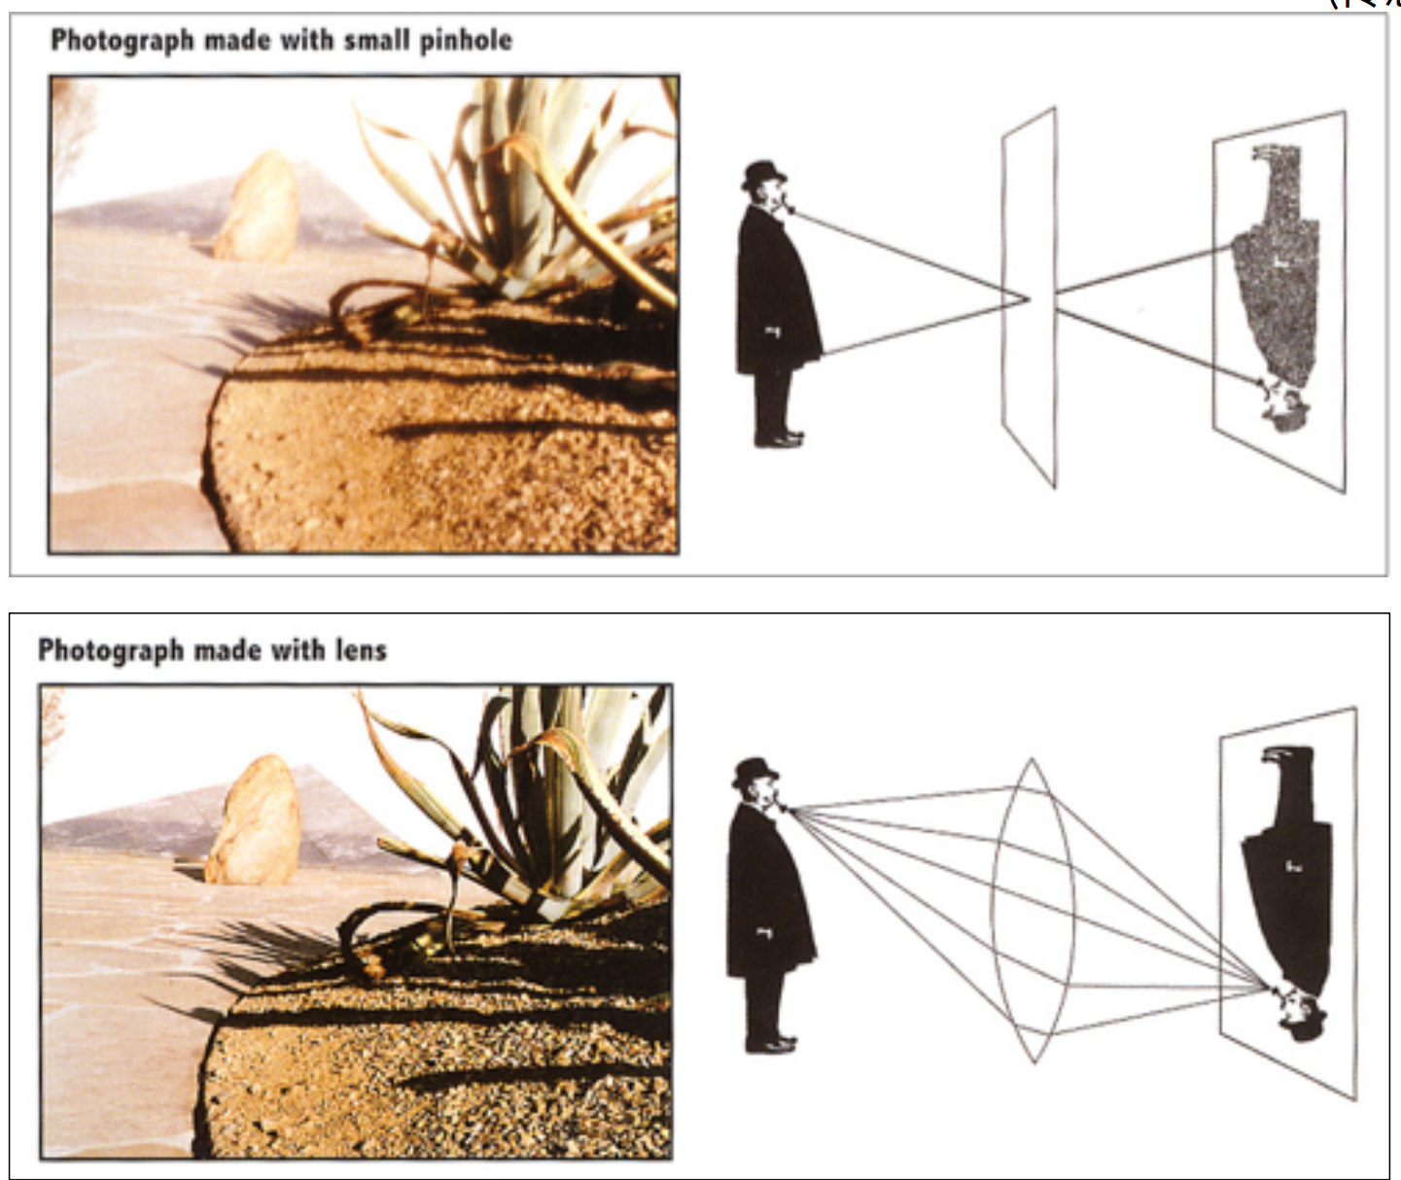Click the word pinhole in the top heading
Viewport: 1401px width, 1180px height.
pyautogui.click(x=467, y=42)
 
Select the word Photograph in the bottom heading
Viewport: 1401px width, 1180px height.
pyautogui.click(x=110, y=651)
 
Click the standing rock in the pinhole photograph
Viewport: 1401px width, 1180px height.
pyautogui.click(x=258, y=206)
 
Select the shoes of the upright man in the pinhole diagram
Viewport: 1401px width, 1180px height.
pyautogui.click(x=779, y=438)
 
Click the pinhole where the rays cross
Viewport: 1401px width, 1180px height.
pyautogui.click(x=1030, y=298)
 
